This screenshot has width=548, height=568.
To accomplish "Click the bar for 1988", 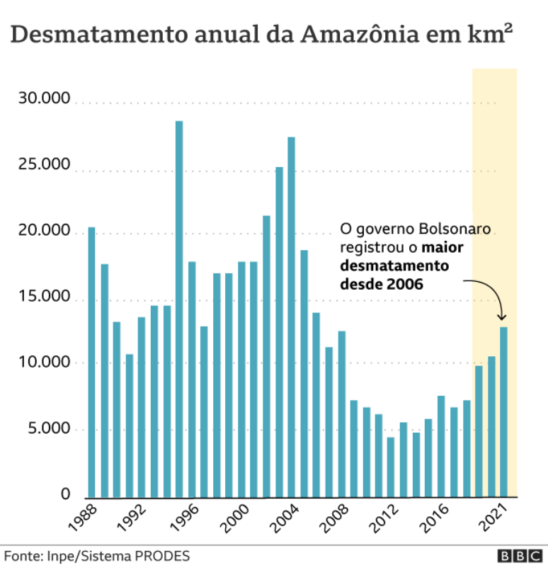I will [x=91, y=362].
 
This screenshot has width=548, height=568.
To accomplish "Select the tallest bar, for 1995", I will [x=179, y=309].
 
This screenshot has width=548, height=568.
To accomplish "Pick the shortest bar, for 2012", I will [x=391, y=467].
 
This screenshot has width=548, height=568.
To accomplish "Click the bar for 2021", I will [x=504, y=411].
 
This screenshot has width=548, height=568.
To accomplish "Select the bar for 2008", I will [x=341, y=414].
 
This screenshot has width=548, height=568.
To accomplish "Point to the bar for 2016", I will [x=441, y=446].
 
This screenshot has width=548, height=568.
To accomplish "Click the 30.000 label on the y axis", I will [x=44, y=99].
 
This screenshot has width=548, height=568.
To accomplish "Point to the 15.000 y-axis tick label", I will [x=44, y=297].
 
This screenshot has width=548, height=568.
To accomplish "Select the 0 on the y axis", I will [x=65, y=494].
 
